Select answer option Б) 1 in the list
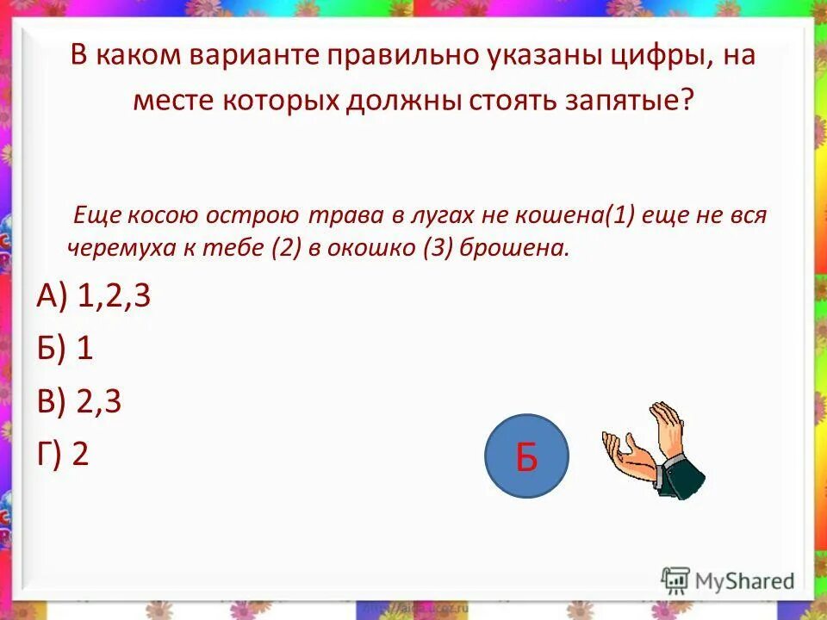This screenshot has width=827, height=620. (x=65, y=349)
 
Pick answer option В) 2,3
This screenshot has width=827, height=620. (x=78, y=402)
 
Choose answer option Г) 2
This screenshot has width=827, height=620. (x=63, y=454)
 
